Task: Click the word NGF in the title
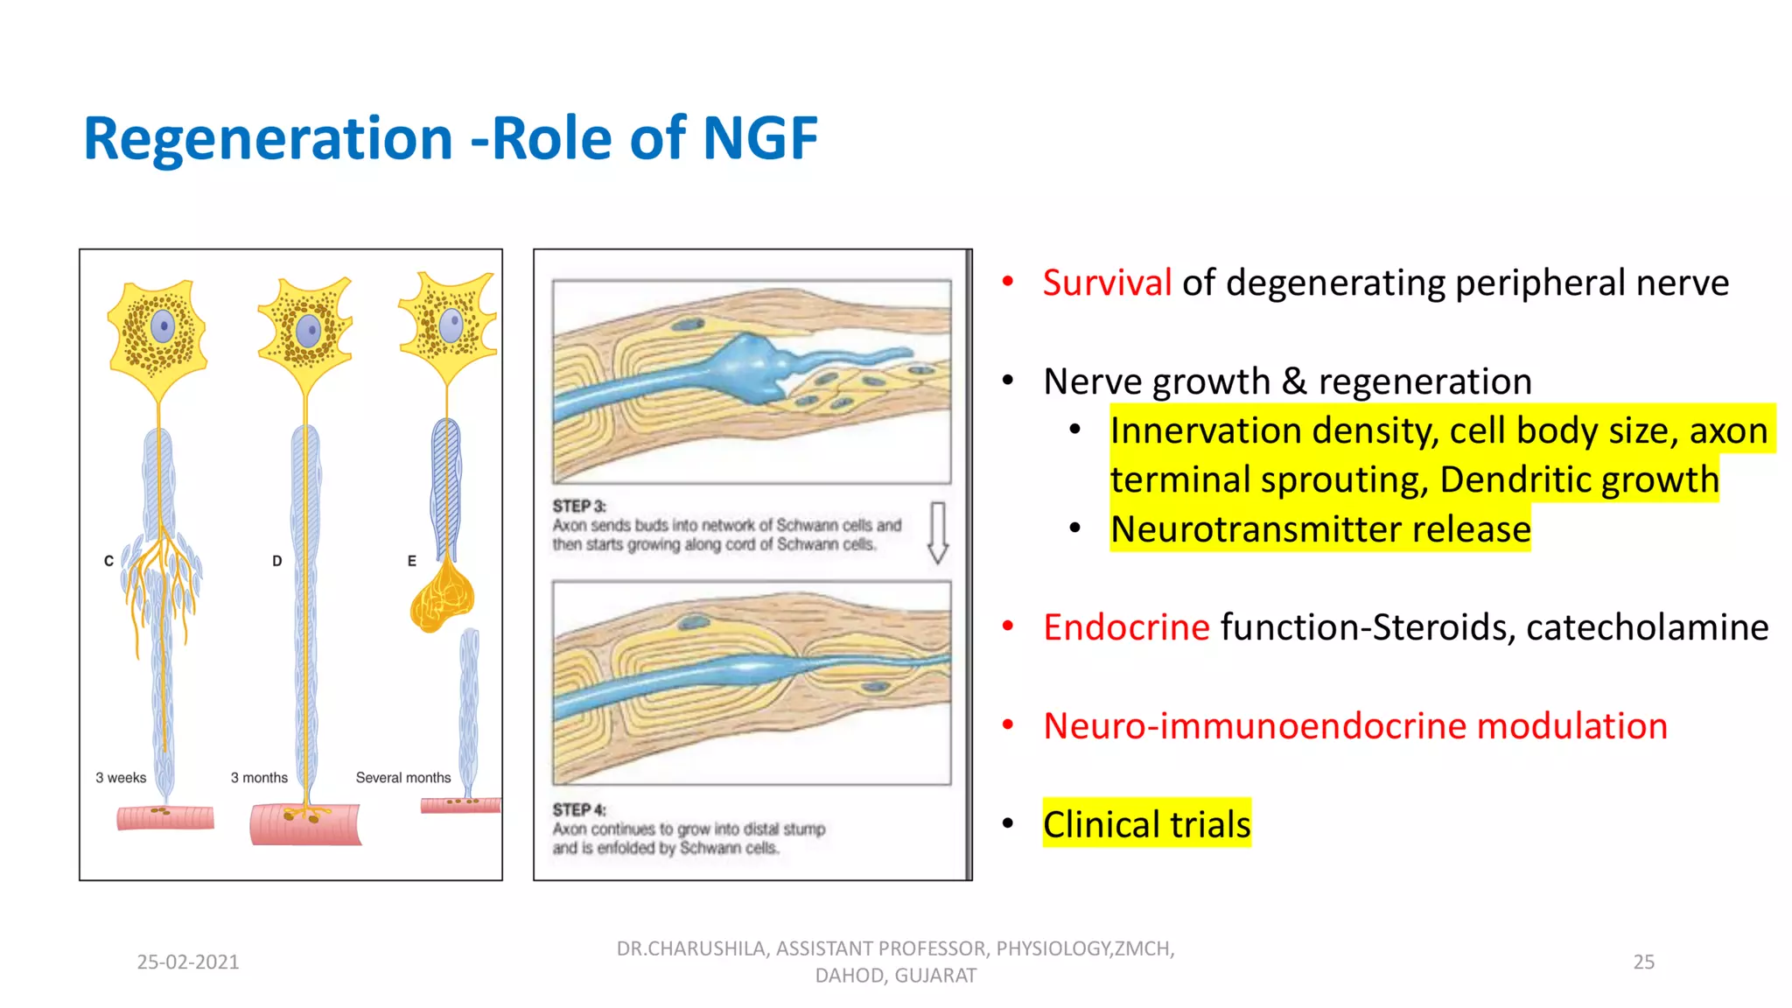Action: point(759,139)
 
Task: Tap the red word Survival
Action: point(1107,283)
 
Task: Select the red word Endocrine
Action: point(1126,627)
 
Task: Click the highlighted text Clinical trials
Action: point(1146,824)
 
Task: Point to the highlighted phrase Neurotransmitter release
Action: point(1320,529)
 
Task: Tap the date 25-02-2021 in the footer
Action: point(188,962)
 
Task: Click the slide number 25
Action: point(1643,962)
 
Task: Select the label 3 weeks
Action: point(121,778)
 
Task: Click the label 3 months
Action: point(259,778)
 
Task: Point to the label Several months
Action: point(403,778)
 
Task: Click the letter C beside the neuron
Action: point(108,561)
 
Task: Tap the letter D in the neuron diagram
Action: point(276,561)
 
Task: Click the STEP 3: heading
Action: point(578,506)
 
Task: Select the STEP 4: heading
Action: point(578,809)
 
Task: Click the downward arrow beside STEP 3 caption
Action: point(938,532)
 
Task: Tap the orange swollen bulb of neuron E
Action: point(443,598)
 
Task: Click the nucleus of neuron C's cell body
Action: point(163,327)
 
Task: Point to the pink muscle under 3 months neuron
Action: point(304,826)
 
